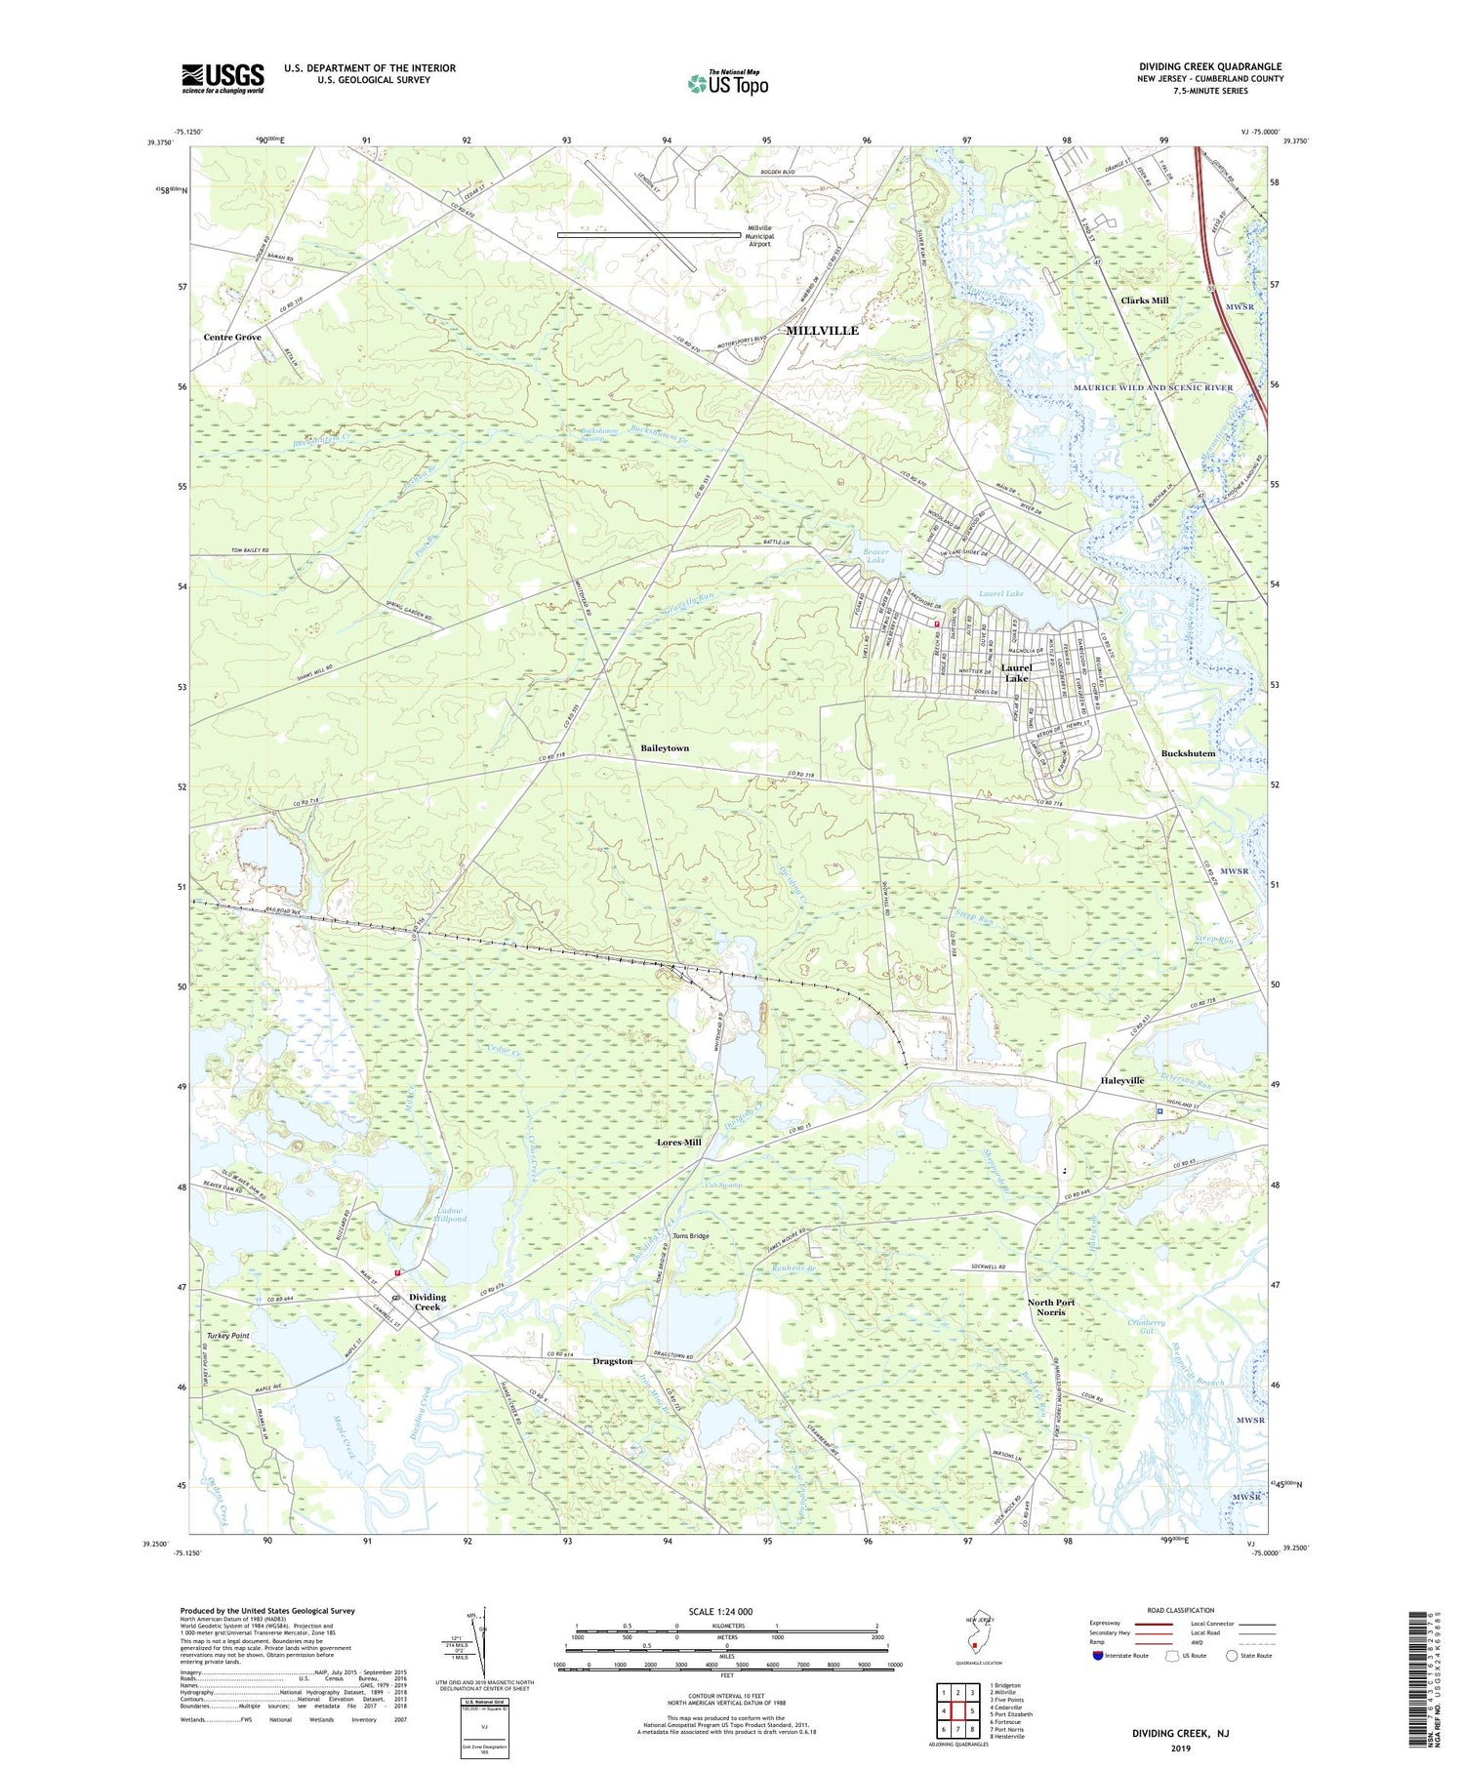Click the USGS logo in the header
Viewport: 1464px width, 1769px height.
(223, 78)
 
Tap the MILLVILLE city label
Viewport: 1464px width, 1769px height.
(822, 331)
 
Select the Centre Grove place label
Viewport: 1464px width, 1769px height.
(232, 337)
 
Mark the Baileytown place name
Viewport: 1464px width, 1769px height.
(665, 747)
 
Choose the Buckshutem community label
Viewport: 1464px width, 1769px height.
(1188, 753)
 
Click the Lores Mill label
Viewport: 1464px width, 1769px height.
(678, 1142)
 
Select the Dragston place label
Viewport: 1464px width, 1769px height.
(612, 1361)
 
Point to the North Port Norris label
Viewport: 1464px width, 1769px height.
(1050, 1307)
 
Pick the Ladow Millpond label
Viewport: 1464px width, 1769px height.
(449, 1215)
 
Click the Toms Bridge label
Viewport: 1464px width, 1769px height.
(690, 1236)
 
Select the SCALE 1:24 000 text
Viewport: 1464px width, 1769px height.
(716, 1611)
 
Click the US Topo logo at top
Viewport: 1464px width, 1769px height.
(727, 84)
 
